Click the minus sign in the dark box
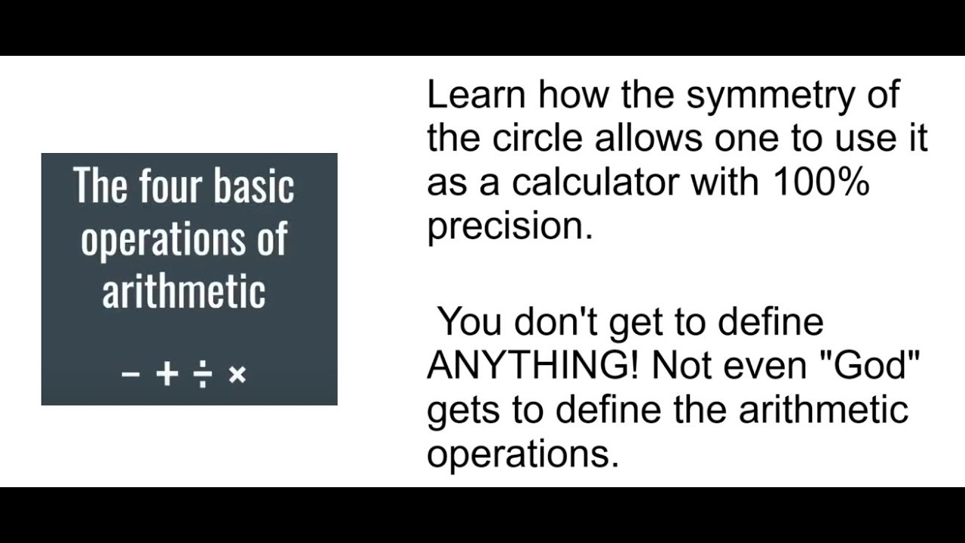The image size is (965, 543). (130, 374)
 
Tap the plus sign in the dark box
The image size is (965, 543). (167, 374)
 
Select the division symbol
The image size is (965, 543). (201, 374)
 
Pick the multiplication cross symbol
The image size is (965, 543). (237, 374)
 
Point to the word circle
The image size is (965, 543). (538, 139)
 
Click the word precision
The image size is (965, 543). (510, 226)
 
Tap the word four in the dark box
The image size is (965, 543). (170, 186)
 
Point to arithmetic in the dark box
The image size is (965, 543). (184, 290)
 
